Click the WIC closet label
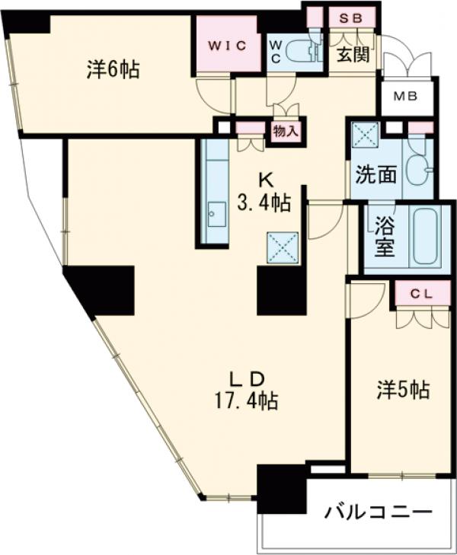(225, 45)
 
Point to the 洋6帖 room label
(112, 70)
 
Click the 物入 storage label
(285, 131)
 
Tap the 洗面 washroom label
(376, 174)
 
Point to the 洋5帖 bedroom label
(403, 391)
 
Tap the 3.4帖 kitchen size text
(264, 203)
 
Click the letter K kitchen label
(266, 180)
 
